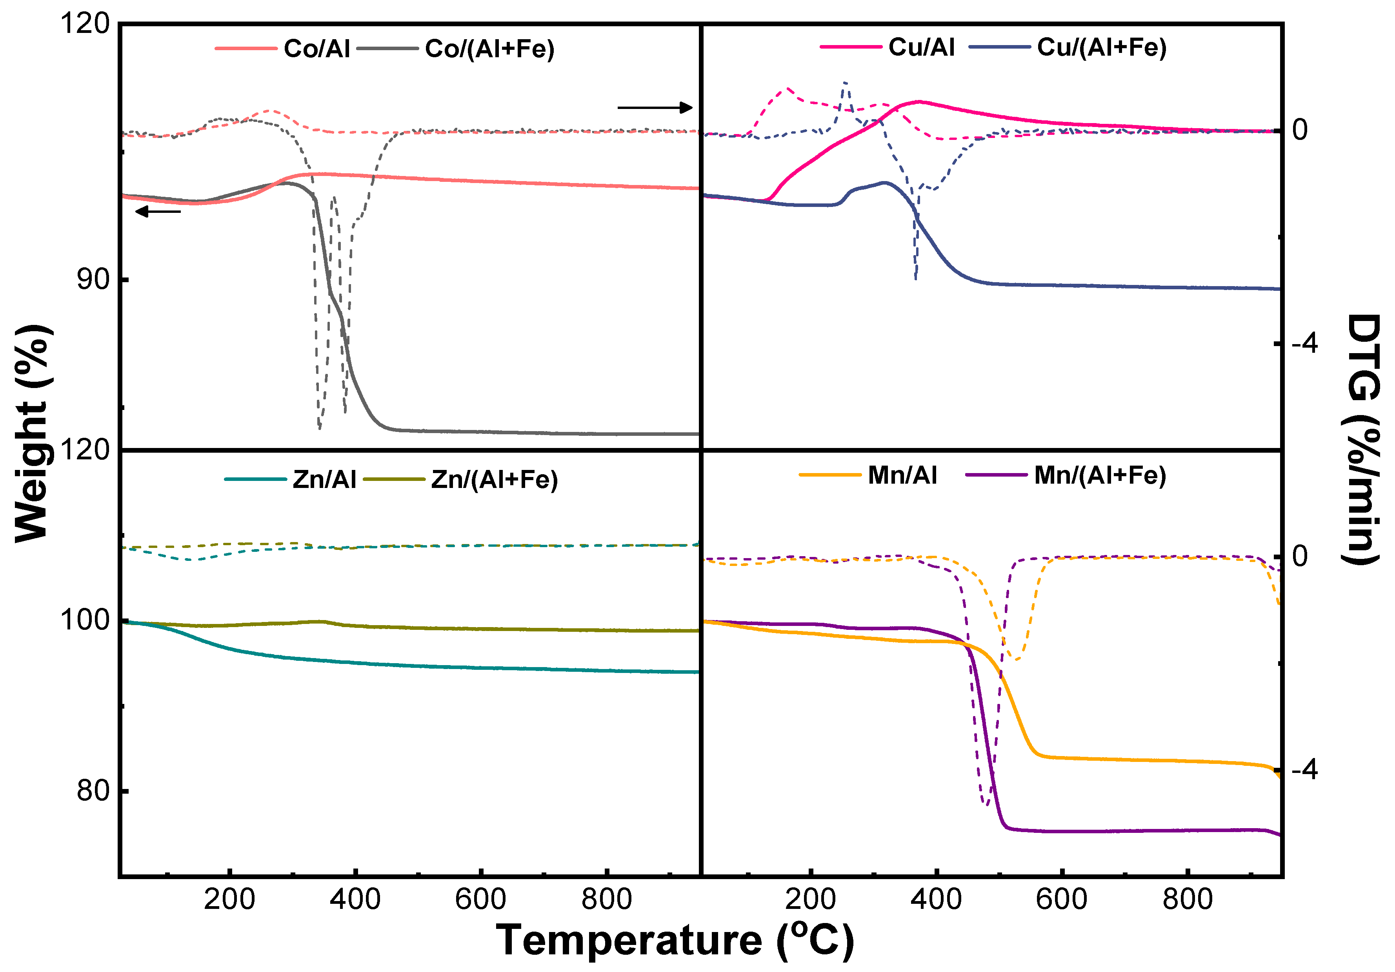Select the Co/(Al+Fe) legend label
(x=489, y=49)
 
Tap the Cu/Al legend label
(x=921, y=47)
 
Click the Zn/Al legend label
(x=324, y=480)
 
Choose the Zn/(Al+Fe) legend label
(x=494, y=480)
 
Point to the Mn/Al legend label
(x=902, y=475)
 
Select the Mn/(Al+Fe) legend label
(x=1100, y=475)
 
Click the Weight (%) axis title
(x=32, y=434)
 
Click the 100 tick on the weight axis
(x=85, y=620)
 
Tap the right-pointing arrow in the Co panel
(x=655, y=108)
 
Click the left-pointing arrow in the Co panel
(x=158, y=211)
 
